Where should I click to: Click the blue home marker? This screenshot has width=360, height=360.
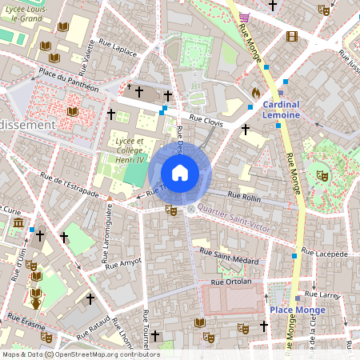pos(180,173)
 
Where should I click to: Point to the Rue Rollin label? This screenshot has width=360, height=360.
pos(245,196)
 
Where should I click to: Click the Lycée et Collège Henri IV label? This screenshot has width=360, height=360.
pos(129,149)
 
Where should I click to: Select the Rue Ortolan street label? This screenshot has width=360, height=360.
pos(231,282)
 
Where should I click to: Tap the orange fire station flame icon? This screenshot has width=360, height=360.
pos(255,93)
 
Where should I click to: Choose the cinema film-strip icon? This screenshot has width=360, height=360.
pos(292,36)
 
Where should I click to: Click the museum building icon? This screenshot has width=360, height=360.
pos(18,222)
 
